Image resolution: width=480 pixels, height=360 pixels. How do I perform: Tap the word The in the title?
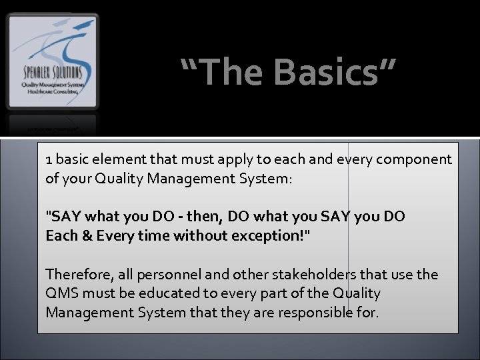(x=227, y=71)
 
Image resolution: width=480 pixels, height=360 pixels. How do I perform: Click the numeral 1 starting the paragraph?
(x=49, y=160)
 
